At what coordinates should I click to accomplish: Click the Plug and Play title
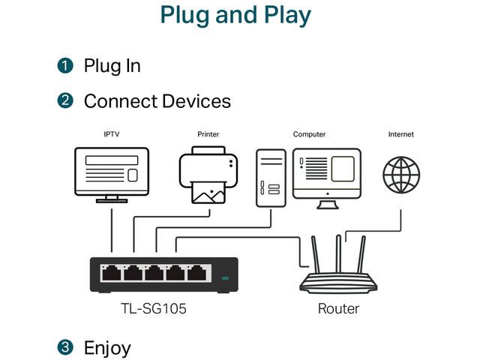235,15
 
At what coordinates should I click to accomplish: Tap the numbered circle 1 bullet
65,65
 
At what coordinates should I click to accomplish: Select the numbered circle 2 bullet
65,100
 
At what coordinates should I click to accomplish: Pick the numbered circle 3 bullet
65,347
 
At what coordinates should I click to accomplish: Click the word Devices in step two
196,101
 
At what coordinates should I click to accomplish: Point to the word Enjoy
107,348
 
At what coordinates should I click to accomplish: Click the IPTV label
112,134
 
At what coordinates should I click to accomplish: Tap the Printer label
208,134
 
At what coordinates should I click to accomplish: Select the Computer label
309,134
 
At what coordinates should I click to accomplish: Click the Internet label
401,134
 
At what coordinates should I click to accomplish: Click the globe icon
401,175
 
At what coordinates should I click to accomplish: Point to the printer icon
208,175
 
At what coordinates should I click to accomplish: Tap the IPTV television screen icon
112,175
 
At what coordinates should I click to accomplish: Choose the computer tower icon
271,178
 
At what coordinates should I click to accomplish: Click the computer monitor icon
327,178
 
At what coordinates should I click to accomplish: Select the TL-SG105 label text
154,308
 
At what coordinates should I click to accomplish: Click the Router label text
338,308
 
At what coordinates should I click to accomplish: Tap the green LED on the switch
225,278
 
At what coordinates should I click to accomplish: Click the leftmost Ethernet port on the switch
112,273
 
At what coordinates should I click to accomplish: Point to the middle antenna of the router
338,253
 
